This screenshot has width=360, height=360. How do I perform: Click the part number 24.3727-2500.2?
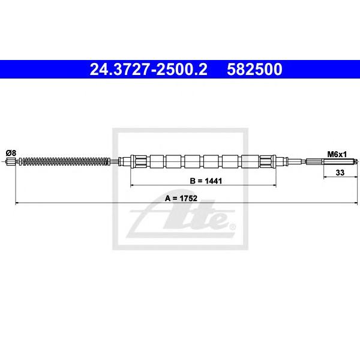click(x=149, y=70)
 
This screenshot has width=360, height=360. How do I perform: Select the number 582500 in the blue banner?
click(x=254, y=70)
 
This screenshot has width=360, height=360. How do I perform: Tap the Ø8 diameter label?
click(x=11, y=152)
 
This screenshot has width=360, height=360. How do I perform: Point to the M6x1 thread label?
click(x=337, y=154)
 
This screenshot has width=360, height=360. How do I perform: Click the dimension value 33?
click(x=340, y=172)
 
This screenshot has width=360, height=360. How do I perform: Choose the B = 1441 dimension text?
click(x=206, y=181)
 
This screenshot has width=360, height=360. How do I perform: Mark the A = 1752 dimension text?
click(x=181, y=198)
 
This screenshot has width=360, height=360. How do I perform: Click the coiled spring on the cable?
click(x=65, y=161)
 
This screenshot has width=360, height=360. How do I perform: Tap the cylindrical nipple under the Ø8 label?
click(x=11, y=161)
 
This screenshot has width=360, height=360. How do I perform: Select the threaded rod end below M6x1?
click(x=340, y=162)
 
